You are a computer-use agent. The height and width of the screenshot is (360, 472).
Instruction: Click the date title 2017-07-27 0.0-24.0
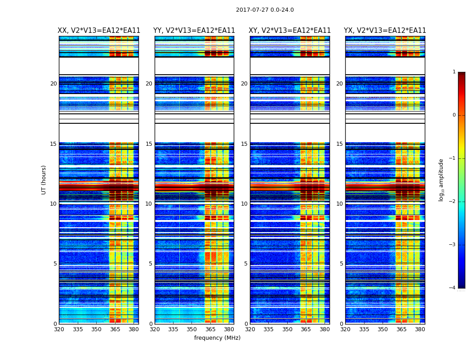[x=265, y=10]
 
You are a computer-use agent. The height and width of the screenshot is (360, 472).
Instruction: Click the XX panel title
[x=99, y=31]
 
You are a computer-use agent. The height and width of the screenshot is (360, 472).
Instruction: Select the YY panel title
[x=194, y=31]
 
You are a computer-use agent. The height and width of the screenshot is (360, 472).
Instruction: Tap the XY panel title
[x=290, y=31]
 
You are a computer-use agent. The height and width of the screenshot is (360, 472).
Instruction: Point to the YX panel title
[x=385, y=31]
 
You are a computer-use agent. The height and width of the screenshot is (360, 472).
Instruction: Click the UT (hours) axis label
[x=44, y=180]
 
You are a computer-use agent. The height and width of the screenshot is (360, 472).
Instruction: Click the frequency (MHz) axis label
[x=217, y=338]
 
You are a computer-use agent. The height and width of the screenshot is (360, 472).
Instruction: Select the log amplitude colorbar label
[x=441, y=180]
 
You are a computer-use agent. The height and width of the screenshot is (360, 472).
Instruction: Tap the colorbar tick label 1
[x=454, y=72]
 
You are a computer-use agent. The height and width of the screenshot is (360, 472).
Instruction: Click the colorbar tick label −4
[x=453, y=288]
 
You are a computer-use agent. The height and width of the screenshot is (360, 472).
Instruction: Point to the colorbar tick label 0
[x=454, y=115]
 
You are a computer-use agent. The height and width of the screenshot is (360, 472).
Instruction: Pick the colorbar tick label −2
[x=453, y=202]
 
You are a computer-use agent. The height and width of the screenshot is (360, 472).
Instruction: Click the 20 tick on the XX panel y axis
[x=53, y=84]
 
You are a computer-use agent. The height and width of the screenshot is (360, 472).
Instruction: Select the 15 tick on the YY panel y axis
[x=149, y=144]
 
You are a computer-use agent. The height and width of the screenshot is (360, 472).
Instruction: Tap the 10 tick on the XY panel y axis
[x=244, y=204]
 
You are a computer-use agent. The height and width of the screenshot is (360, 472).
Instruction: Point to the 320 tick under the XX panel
[x=59, y=329]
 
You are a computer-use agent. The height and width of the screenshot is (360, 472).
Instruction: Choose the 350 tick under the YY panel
[x=192, y=329]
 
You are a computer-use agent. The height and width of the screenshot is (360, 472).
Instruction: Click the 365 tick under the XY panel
[x=306, y=329]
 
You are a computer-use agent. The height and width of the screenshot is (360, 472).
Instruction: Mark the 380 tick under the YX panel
[x=420, y=329]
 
